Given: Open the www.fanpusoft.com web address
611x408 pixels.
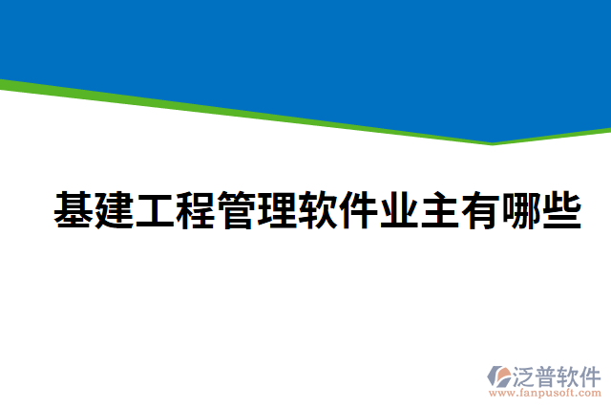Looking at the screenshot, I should point(545,393).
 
